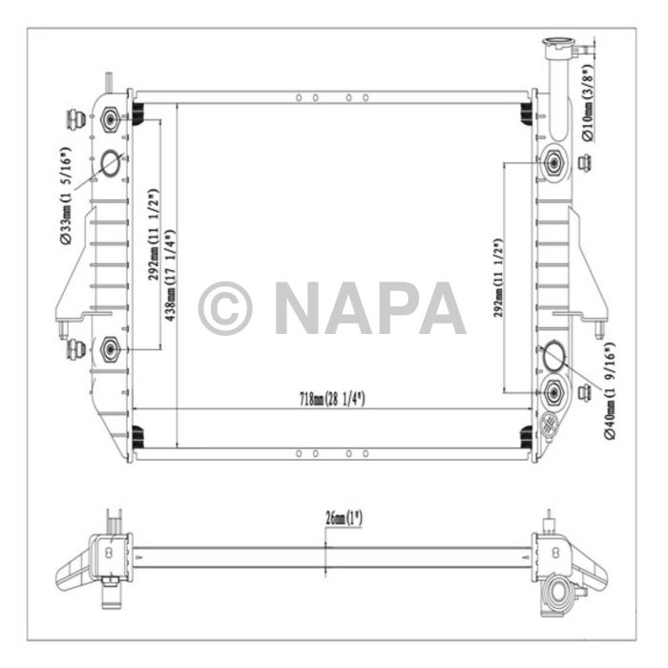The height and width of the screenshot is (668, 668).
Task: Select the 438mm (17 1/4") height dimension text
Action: (169, 276)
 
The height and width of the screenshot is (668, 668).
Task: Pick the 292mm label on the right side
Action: (497, 278)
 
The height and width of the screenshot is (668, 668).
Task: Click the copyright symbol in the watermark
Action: (225, 307)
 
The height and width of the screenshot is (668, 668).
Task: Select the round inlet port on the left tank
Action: (111, 164)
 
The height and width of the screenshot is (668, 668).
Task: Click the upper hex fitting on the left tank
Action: (111, 120)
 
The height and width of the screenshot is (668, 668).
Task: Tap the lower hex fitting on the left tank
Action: (110, 350)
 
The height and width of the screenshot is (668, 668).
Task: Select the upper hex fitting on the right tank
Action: (553, 163)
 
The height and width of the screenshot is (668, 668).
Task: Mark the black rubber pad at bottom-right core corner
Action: (526, 436)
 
